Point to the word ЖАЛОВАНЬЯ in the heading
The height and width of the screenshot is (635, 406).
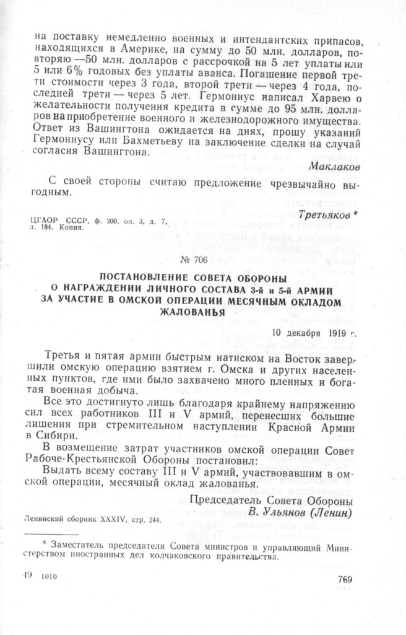coord(194,312)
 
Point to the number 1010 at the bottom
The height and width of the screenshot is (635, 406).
coord(47,576)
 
